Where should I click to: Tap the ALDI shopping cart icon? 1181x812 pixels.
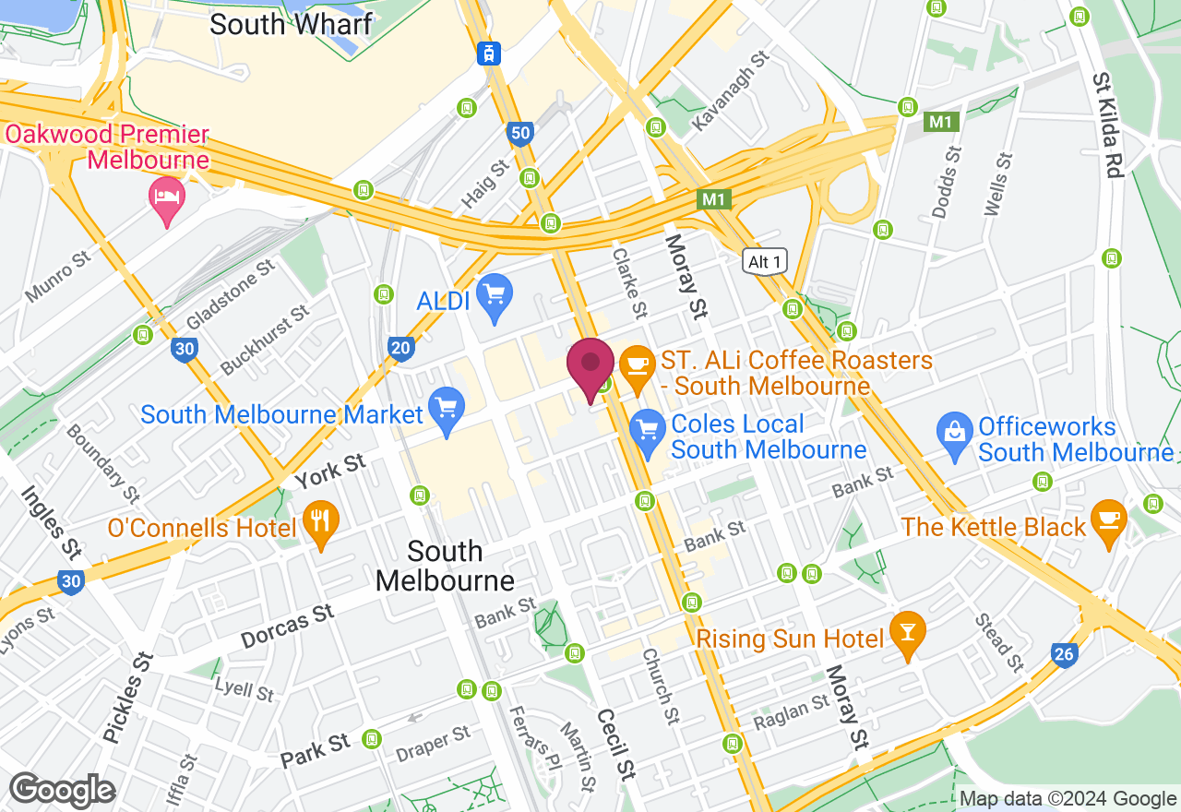point(495,295)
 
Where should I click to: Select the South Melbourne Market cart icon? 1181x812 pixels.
point(447,409)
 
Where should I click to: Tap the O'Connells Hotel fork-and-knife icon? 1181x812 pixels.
point(320,522)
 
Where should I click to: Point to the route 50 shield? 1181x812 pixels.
point(520,134)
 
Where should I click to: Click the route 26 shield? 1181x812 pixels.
point(1064,655)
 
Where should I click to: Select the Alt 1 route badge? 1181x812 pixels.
point(765,262)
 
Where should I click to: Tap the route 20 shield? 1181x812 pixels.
point(400,347)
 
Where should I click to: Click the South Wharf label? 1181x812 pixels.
point(291,24)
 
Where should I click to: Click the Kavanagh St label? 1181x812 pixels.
point(730,91)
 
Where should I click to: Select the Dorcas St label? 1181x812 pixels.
point(287,627)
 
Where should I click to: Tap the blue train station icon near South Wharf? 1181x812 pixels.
point(489,54)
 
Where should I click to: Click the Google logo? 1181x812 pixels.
point(62,791)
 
